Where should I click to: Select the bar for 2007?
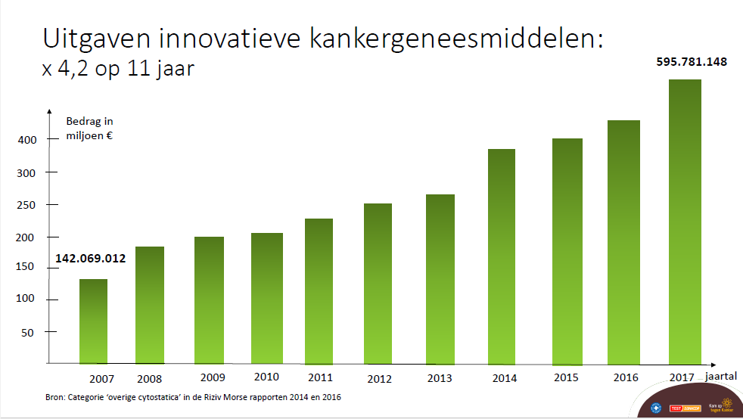coord(93,321)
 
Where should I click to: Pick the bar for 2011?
coord(319,291)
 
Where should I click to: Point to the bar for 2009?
coord(209,300)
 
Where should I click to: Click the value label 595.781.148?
coord(691,62)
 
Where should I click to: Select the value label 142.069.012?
coord(90,259)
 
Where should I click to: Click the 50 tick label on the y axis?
coord(27,332)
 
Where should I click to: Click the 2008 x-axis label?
coord(151,378)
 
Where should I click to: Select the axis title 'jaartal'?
coord(722,375)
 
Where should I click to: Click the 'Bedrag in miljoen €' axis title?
coord(90,128)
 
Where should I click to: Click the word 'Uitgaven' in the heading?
coord(99,39)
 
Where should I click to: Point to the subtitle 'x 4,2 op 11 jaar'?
coord(118,70)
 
